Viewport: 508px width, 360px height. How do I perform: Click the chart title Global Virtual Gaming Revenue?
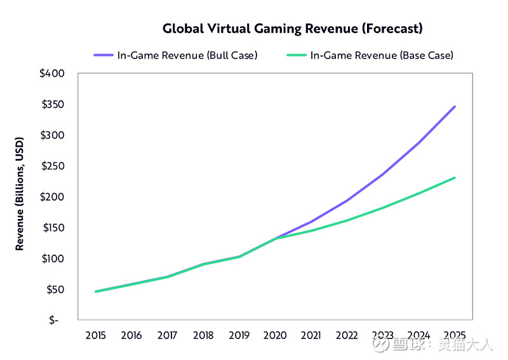tap(292, 29)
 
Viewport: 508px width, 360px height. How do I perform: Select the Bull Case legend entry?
tap(187, 55)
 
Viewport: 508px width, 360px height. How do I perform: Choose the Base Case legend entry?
tap(382, 55)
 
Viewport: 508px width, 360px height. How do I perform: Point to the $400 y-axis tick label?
tap(52, 74)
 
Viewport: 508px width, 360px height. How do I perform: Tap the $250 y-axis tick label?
tap(52, 166)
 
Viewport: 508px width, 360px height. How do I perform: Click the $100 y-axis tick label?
tap(52, 259)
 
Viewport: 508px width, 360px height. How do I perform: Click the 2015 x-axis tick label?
tap(95, 335)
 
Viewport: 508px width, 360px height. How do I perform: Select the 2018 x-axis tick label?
tap(203, 335)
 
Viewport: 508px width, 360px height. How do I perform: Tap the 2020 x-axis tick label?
tap(275, 335)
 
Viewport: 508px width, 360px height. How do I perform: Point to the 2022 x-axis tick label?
tap(347, 335)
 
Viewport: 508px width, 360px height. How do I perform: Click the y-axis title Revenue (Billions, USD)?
tap(20, 193)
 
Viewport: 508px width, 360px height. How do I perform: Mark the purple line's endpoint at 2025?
tap(455, 107)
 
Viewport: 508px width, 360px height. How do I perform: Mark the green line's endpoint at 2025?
tap(455, 178)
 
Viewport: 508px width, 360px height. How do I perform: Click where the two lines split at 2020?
tap(275, 239)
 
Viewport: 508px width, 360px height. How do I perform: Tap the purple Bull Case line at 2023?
tap(383, 174)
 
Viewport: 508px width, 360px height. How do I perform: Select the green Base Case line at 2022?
tap(347, 220)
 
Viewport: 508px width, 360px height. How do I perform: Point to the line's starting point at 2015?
tap(95, 291)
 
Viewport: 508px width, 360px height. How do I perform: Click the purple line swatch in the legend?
tap(103, 55)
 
